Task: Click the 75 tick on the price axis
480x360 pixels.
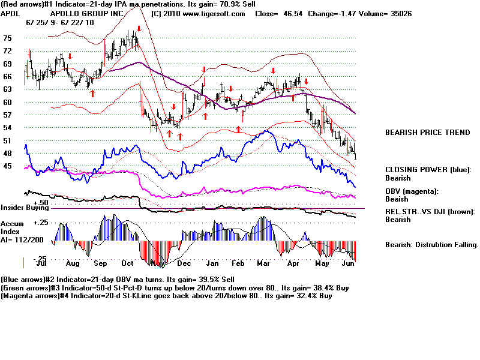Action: (x=8, y=38)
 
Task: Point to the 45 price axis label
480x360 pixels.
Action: (x=8, y=166)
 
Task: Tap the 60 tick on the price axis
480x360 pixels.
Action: (x=8, y=102)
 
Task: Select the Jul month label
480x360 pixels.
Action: (x=42, y=263)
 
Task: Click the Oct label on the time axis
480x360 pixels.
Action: (x=127, y=263)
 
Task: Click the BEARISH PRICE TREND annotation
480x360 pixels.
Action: (x=427, y=133)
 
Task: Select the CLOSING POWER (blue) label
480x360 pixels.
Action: (x=428, y=170)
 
